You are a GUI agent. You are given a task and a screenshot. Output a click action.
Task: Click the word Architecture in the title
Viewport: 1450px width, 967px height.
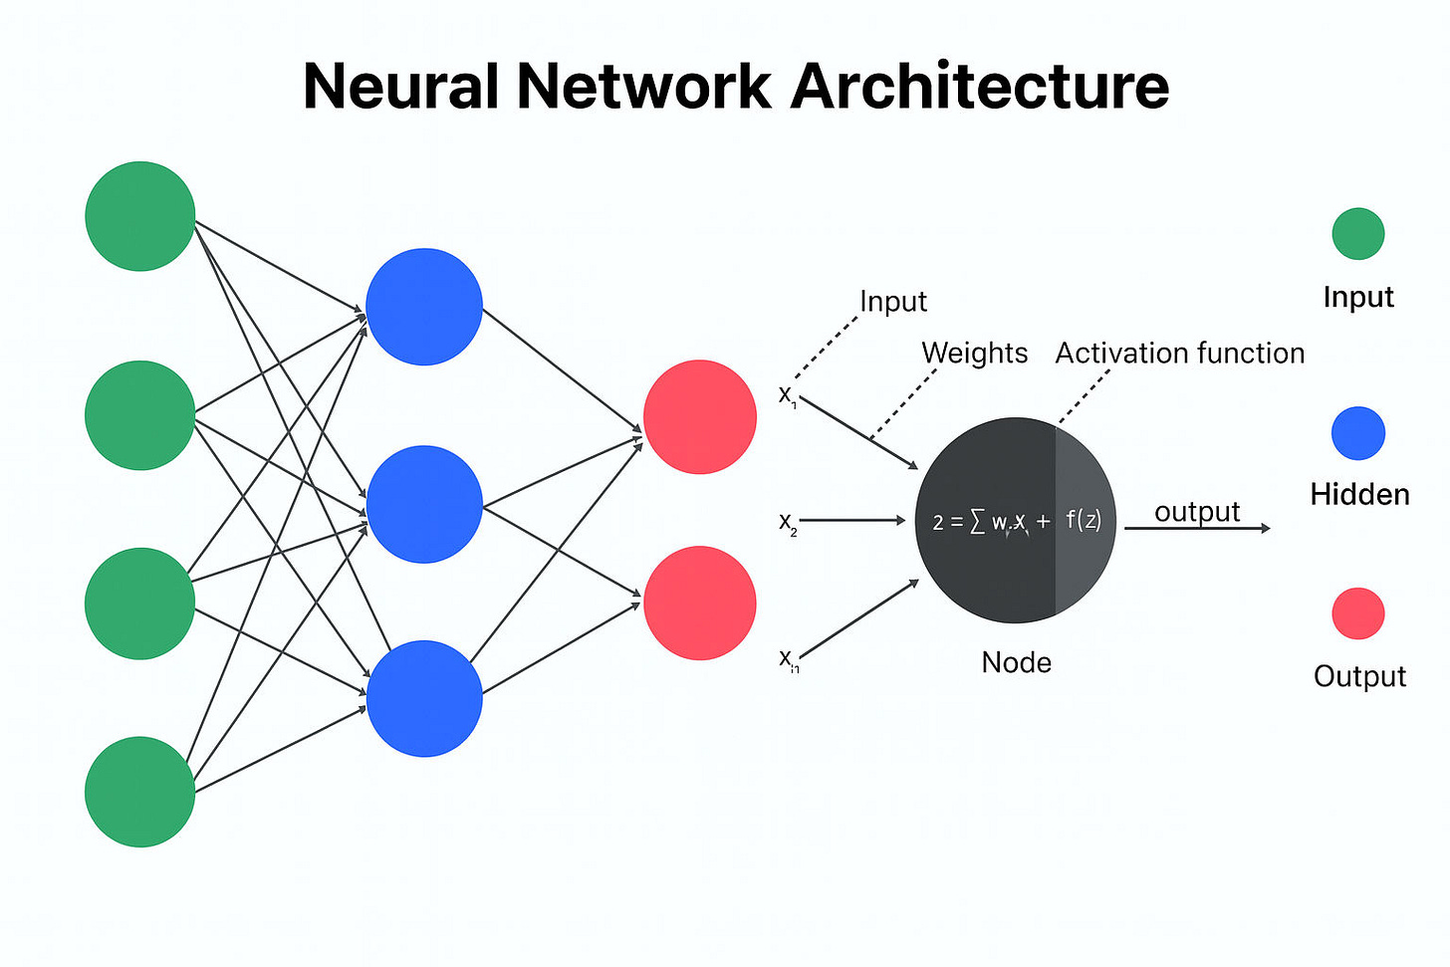[x=980, y=86]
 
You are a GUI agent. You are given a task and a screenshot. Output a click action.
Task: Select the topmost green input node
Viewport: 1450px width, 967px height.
[x=139, y=216]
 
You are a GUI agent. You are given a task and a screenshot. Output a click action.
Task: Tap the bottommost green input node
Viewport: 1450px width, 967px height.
[x=139, y=792]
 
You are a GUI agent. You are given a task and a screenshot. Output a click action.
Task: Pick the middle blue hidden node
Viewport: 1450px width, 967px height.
[x=424, y=504]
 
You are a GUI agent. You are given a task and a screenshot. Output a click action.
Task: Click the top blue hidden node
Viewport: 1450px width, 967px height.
[x=424, y=307]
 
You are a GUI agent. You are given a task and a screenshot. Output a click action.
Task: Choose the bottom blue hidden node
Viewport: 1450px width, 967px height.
[x=424, y=698]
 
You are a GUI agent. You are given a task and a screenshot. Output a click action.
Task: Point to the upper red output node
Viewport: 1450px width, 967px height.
[x=700, y=416]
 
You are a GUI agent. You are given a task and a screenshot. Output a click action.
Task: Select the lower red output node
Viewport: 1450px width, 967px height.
[x=700, y=603]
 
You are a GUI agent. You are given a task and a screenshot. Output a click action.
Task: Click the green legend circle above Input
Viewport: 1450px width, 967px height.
[x=1358, y=234]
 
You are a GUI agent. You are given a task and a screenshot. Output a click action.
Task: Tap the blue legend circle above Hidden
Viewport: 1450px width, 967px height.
[x=1358, y=433]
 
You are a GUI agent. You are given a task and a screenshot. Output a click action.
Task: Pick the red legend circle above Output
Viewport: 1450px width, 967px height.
[x=1358, y=613]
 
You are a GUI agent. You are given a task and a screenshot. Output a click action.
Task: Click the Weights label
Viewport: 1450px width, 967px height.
[x=974, y=353]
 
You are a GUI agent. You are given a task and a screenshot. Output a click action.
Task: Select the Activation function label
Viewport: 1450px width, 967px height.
[x=1179, y=353]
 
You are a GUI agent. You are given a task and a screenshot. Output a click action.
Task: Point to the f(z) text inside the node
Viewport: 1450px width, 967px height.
[x=1084, y=520]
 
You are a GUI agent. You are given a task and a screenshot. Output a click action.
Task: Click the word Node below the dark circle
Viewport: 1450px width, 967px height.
[x=1016, y=662]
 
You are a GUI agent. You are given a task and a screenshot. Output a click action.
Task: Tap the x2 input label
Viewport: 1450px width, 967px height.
[x=788, y=523]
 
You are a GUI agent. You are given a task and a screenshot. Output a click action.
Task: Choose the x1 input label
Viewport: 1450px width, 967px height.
[x=787, y=395]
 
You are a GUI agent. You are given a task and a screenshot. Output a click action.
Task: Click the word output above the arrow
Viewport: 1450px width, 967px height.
[x=1197, y=512]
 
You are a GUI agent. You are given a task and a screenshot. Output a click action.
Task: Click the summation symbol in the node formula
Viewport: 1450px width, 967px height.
[x=977, y=522]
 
